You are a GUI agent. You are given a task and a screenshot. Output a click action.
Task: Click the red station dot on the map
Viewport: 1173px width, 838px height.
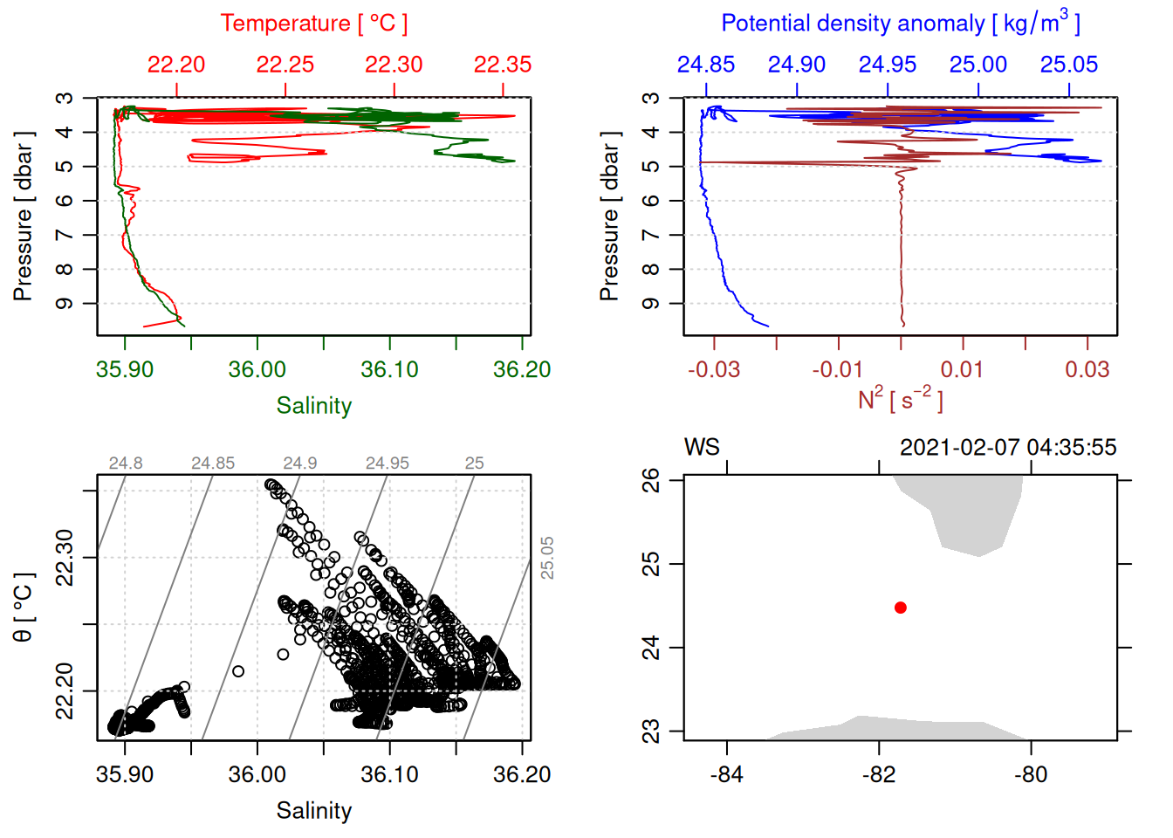coord(901,608)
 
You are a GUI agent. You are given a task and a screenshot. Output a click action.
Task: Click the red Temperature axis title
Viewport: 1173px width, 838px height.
coord(314,24)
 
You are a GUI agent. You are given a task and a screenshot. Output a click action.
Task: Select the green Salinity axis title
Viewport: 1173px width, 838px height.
coord(314,406)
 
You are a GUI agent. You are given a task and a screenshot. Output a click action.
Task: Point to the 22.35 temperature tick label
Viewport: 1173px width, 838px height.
coord(503,65)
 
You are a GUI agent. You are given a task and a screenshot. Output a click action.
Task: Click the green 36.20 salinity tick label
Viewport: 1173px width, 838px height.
coord(522,370)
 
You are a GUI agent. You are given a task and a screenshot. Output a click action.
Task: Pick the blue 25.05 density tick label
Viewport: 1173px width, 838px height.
coord(1069,65)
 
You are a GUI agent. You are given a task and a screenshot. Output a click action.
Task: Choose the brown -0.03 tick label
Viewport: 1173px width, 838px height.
coord(714,370)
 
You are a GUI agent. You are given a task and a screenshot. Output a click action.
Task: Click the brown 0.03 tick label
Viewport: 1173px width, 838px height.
coord(1087,370)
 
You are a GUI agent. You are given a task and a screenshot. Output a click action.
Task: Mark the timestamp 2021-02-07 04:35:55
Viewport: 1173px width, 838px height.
coord(1008,448)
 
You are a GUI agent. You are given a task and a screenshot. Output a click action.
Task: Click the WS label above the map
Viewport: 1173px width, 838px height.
coord(702,448)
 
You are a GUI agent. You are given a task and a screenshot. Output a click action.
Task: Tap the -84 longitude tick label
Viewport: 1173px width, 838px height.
coord(727,775)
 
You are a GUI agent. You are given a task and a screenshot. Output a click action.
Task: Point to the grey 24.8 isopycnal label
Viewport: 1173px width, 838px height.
coord(126,464)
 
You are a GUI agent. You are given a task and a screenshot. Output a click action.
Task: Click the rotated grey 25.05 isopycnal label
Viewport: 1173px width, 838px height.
coord(547,558)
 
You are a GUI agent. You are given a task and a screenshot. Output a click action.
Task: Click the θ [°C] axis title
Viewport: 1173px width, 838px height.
coord(24,608)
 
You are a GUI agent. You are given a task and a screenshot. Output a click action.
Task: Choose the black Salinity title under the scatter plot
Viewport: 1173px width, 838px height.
coord(314,811)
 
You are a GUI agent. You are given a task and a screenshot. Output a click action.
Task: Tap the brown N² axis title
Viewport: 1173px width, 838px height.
coord(901,400)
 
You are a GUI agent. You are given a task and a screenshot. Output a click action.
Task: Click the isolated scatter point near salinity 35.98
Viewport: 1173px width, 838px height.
coord(238,671)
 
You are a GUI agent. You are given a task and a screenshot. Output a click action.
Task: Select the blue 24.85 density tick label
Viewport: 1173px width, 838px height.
coord(706,65)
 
